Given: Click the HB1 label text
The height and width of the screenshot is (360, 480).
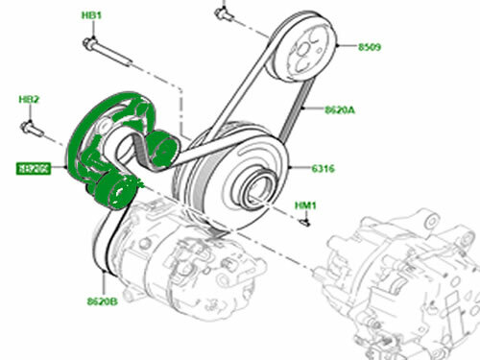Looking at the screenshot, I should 92,16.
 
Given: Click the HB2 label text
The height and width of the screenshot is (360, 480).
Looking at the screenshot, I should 29,99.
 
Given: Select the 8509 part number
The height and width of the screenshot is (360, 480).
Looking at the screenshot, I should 371,46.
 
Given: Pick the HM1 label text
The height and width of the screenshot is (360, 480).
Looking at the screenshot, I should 306,204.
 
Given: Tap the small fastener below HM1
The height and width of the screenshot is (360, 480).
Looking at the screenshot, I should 305,223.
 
